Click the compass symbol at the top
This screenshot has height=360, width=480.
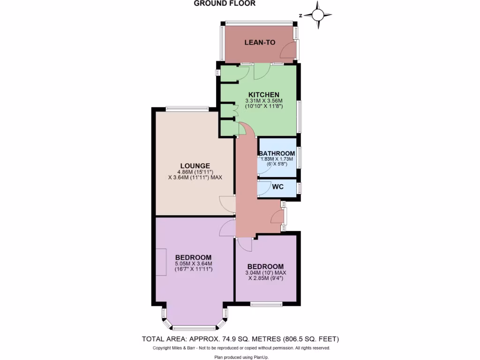tap(318, 15)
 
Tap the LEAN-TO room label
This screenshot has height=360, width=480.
tap(260, 43)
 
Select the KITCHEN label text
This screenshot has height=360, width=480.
tap(264, 94)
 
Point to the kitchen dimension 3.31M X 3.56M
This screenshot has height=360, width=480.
tap(264, 100)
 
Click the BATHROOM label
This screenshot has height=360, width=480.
tap(277, 153)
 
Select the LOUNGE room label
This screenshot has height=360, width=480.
tap(195, 165)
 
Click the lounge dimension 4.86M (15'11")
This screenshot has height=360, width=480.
tap(195, 172)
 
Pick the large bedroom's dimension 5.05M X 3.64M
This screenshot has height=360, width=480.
tap(194, 263)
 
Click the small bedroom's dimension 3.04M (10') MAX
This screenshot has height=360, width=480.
tap(266, 272)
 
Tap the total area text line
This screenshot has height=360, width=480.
tap(240, 339)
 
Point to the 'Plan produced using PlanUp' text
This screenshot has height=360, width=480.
tap(240, 357)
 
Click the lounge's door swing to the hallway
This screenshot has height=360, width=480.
tap(227, 203)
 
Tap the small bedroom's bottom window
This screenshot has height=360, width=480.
tap(266, 304)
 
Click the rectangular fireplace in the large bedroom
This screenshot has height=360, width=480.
tap(161, 262)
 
